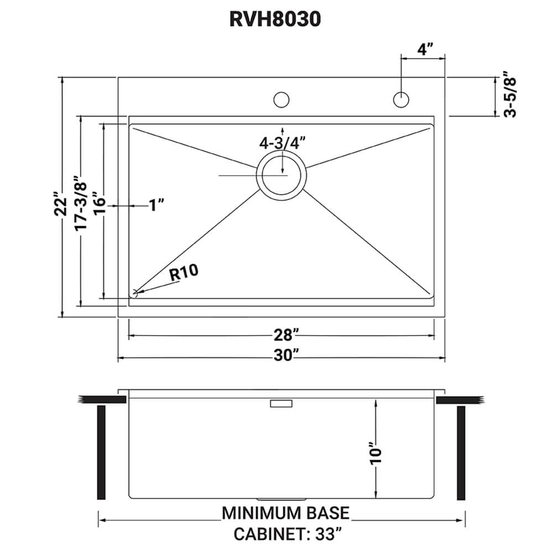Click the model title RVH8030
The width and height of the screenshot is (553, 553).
pos(274,20)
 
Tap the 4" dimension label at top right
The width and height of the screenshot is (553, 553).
pos(424,49)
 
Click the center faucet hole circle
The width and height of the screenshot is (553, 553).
pos(281,100)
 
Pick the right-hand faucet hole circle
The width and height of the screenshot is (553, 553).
pos(401,100)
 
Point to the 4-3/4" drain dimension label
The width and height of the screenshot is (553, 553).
pos(283,143)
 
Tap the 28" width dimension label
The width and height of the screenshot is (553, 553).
pos(286,335)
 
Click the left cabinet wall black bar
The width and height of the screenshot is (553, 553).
pos(101,453)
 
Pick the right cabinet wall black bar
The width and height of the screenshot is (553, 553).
pos(462,453)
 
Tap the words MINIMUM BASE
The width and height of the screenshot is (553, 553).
pos(285,513)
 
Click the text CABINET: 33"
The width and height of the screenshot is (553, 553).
pos(286,535)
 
